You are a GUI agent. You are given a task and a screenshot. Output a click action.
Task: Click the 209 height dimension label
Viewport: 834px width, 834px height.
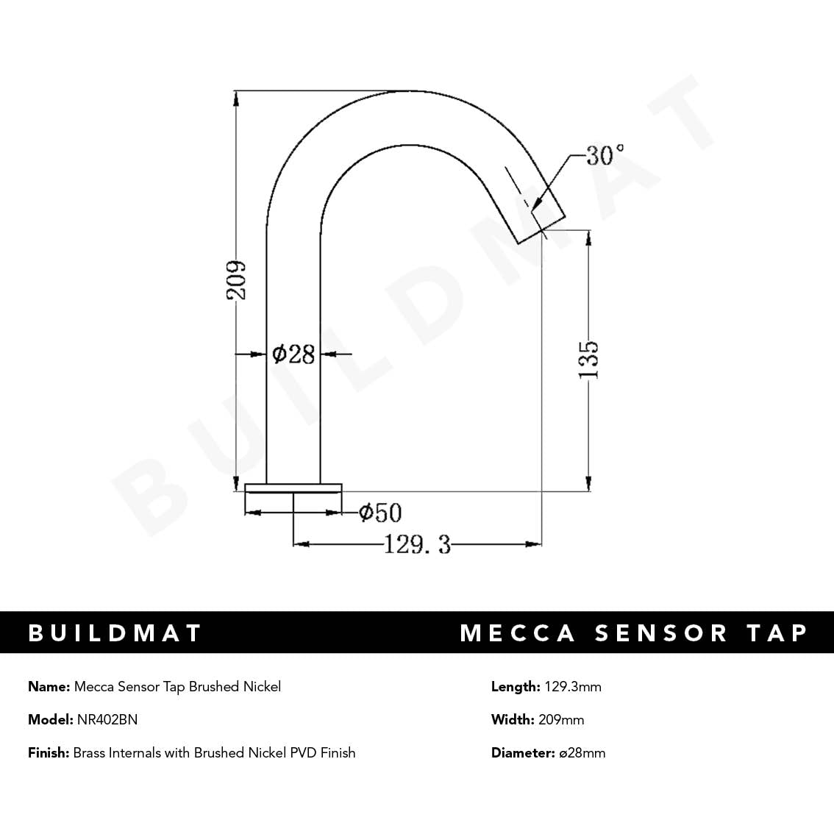236,280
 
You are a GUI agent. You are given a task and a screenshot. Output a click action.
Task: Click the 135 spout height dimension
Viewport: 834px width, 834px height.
588,359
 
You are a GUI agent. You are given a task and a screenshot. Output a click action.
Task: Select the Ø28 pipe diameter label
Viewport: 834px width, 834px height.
293,354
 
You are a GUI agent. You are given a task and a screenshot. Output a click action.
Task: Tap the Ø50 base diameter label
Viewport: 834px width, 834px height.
380,513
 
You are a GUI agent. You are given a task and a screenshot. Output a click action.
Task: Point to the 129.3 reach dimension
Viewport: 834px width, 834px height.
417,544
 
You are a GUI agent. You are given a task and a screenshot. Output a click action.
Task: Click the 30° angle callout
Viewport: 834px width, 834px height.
605,155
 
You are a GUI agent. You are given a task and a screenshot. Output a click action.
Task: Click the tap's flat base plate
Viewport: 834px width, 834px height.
293,488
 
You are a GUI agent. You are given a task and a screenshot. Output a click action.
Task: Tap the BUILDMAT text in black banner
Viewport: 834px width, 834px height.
115,633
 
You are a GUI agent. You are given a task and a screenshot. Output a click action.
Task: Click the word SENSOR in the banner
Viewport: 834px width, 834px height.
660,633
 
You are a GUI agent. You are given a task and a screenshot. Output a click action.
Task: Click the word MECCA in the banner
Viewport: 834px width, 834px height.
517,633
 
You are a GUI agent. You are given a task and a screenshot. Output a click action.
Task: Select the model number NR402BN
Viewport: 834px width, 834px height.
107,719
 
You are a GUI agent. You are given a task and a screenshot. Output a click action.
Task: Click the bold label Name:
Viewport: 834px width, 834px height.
49,686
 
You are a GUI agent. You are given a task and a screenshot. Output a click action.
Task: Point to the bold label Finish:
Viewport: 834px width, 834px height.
49,752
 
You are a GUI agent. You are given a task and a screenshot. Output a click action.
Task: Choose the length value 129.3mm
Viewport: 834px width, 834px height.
572,686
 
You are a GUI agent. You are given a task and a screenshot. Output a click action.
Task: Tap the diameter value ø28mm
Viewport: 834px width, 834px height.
582,752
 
